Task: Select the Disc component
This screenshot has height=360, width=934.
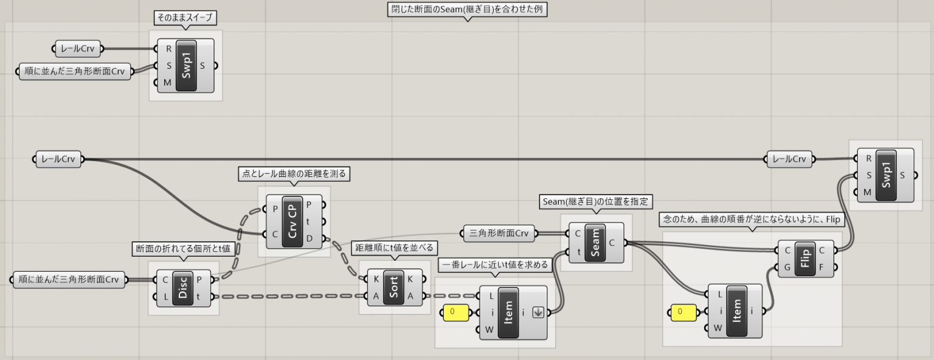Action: coord(182,289)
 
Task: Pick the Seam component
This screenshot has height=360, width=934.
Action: coord(595,243)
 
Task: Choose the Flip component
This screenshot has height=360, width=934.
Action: coord(806,258)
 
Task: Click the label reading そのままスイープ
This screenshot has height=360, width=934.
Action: coord(185,18)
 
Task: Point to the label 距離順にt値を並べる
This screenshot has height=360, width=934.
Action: coord(395,247)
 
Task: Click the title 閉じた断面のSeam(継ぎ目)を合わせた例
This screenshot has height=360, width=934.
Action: coord(467,10)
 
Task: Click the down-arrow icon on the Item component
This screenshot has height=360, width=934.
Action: coord(537,313)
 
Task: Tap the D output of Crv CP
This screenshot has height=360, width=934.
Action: coord(310,238)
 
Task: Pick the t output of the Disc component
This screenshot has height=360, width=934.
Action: coord(200,297)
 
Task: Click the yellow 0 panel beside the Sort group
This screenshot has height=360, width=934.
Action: coord(455,313)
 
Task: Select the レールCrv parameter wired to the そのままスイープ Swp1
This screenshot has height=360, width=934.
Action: coord(78,49)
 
